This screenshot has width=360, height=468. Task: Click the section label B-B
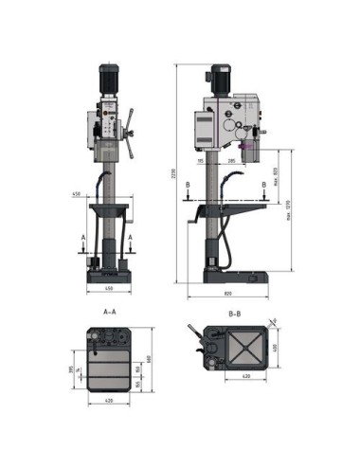(x=234, y=310)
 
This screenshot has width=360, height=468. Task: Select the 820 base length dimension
(x=234, y=295)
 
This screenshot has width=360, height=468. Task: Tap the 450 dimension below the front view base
(x=109, y=289)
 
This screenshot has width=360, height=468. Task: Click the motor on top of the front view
(x=109, y=78)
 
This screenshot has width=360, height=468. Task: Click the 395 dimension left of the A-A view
(x=70, y=370)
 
